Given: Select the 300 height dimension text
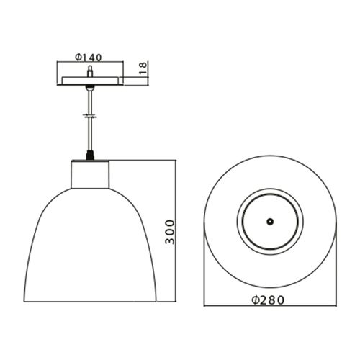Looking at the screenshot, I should (x=170, y=232).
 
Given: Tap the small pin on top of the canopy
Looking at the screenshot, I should (x=89, y=71).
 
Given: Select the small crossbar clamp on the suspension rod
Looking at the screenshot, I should (x=89, y=113).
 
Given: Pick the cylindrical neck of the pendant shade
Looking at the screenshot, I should (x=89, y=174).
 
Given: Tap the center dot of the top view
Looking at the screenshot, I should (x=270, y=222).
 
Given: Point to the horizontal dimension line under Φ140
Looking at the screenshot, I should (x=89, y=63).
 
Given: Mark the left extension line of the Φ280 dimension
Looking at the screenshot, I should (x=203, y=274).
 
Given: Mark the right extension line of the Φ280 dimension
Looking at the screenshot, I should (x=336, y=274).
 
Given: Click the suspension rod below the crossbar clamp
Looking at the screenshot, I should (x=89, y=133).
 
